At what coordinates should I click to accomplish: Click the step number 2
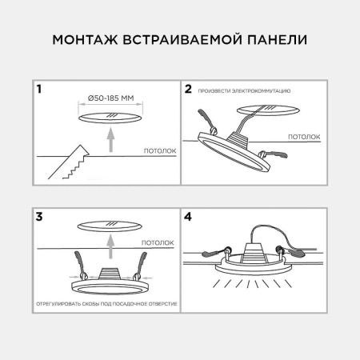190,90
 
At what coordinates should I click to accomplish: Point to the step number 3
39,216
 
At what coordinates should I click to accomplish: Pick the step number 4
190,216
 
